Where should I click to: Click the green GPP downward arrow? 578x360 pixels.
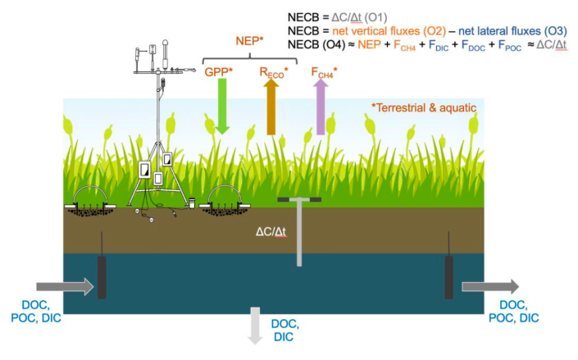click(222, 106)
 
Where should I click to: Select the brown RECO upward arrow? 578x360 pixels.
click(271, 107)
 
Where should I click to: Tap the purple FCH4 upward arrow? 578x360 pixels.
click(321, 107)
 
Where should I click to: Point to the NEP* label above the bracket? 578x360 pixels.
click(249, 41)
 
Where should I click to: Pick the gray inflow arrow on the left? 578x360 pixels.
click(66, 286)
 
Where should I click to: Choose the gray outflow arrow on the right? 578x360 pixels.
click(490, 286)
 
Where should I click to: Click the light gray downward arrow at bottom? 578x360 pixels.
click(255, 326)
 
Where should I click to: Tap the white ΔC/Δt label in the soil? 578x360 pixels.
click(271, 232)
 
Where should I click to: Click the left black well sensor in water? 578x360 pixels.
click(102, 277)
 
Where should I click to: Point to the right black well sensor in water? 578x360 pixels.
click(448, 277)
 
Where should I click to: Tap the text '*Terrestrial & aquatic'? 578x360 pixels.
click(424, 107)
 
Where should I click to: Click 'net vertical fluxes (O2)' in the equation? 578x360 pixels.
click(389, 31)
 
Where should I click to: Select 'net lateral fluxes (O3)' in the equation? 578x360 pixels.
click(512, 31)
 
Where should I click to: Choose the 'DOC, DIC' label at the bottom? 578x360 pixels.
click(285, 330)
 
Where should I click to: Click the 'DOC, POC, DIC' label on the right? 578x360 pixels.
click(514, 312)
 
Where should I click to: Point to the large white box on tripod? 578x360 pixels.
click(144, 170)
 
